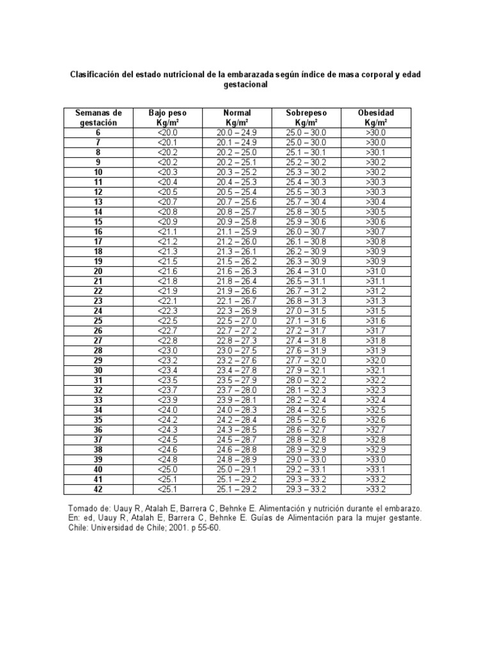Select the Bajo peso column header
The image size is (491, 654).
click(x=166, y=117)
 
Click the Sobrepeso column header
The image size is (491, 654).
click(x=307, y=117)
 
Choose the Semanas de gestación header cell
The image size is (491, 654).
click(x=98, y=117)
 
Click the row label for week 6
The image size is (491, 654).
click(x=98, y=132)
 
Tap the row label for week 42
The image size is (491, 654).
click(x=98, y=490)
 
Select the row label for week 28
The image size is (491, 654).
click(x=98, y=351)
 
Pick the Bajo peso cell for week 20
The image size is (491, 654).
click(x=166, y=271)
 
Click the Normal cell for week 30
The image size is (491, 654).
click(x=237, y=370)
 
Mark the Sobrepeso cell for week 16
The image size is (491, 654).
click(x=307, y=231)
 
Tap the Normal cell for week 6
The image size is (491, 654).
click(x=237, y=132)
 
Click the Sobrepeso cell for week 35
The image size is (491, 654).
click(x=307, y=420)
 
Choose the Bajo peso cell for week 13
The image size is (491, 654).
click(x=166, y=201)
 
